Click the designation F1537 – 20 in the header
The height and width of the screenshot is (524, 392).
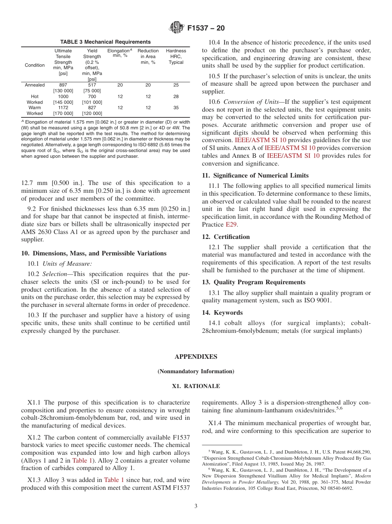pyautogui.click(x=206, y=28)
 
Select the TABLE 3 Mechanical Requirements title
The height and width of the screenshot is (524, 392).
pyautogui.click(x=105, y=42)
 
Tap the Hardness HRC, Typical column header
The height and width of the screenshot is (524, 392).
pyautogui.click(x=176, y=57)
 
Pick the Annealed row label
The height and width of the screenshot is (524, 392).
pyautogui.click(x=35, y=85)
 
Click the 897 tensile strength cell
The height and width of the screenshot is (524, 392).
pyautogui.click(x=63, y=85)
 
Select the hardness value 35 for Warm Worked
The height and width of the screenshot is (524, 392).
pyautogui.click(x=176, y=108)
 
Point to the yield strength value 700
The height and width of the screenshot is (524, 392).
pyautogui.click(x=92, y=96)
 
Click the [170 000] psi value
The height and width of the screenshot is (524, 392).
pyautogui.click(x=63, y=113)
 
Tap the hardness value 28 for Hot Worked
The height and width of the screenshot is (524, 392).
pyautogui.click(x=176, y=96)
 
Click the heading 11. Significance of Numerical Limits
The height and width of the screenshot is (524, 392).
pyautogui.click(x=255, y=175)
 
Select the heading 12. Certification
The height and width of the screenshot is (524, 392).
pyautogui.click(x=226, y=237)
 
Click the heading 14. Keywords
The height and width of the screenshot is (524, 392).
pyautogui.click(x=222, y=313)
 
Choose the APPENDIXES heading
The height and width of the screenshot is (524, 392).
pyautogui.click(x=196, y=357)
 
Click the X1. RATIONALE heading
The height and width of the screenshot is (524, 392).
pyautogui.click(x=196, y=386)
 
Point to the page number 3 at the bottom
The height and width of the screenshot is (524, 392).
pyautogui.click(x=196, y=506)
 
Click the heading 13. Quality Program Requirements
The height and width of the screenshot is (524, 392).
pyautogui.click(x=254, y=282)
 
